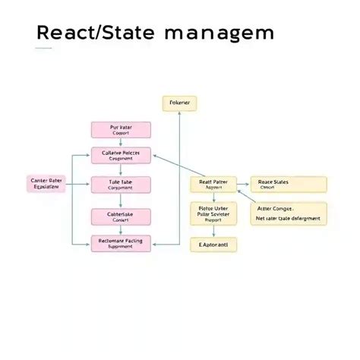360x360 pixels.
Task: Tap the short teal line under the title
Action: pos(44,49)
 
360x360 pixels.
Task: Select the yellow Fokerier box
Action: pos(179,102)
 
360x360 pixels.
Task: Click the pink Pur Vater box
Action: pos(121,129)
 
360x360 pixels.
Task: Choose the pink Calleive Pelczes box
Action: pos(121,155)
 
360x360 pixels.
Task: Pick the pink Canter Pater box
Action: pos(46,185)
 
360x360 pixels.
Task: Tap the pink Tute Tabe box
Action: pos(121,185)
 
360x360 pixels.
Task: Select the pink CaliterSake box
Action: pos(121,216)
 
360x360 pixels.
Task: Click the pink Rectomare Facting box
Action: pos(121,243)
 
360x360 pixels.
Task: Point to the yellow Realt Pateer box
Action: pos(213,185)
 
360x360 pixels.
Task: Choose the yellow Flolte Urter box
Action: pos(213,213)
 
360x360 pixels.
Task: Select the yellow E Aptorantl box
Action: pos(213,245)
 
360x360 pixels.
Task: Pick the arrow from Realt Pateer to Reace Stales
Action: pos(244,185)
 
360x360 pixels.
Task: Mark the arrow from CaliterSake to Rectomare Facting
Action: pos(121,230)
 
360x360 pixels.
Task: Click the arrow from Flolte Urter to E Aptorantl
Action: pos(213,231)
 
